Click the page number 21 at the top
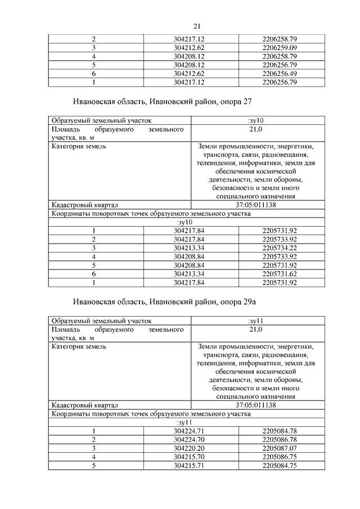coord(197,26)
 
